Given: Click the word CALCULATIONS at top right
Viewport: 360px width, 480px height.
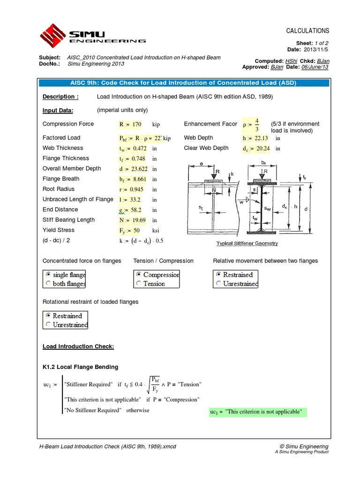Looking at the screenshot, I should pyautogui.click(x=307, y=31).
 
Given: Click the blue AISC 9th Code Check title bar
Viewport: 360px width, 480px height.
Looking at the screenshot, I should pyautogui.click(x=180, y=83).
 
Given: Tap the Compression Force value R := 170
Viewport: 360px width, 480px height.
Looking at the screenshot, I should pyautogui.click(x=131, y=124).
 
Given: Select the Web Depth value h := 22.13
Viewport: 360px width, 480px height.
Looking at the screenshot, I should pyautogui.click(x=255, y=138).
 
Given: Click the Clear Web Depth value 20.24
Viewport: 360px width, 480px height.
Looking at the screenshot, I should pyautogui.click(x=256, y=149).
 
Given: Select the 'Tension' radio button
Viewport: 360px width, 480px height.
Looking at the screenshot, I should pyautogui.click(x=139, y=284).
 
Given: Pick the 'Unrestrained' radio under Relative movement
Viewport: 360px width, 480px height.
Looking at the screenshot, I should pyautogui.click(x=219, y=284).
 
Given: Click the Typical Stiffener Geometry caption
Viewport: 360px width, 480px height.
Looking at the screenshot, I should pyautogui.click(x=247, y=243).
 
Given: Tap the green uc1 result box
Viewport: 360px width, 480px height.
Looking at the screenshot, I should pyautogui.click(x=257, y=412).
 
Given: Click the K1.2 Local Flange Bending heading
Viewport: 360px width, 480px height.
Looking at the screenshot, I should pyautogui.click(x=80, y=367).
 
